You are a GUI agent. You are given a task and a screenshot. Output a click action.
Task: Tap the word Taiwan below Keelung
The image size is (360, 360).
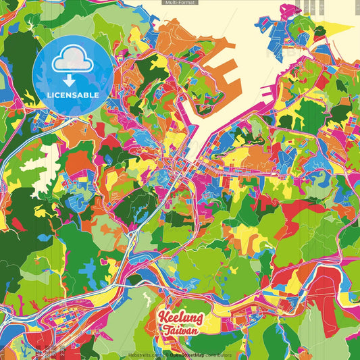[180, 331]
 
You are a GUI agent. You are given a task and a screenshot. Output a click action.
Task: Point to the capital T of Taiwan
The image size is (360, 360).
[166, 331]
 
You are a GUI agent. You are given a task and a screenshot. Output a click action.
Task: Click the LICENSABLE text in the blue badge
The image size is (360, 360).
[73, 95]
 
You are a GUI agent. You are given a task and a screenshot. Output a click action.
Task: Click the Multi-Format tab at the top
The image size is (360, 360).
[180, 3]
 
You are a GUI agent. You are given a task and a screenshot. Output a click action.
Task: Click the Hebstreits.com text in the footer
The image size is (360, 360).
[142, 355]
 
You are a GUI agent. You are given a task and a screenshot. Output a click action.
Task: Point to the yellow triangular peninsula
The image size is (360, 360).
[333, 30]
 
